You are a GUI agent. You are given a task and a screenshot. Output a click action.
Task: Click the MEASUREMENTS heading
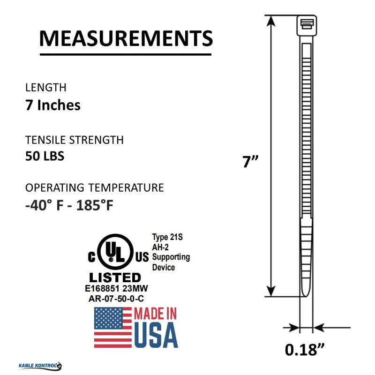click(x=126, y=38)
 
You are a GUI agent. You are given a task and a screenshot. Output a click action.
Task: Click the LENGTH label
click(x=45, y=88)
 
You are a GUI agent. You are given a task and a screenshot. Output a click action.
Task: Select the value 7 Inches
click(x=52, y=105)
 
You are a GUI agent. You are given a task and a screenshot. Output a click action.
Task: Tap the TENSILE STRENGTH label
click(x=74, y=140)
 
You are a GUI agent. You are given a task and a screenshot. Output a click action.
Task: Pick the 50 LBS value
click(x=45, y=156)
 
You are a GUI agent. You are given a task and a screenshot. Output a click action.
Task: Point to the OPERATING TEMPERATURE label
click(x=94, y=188)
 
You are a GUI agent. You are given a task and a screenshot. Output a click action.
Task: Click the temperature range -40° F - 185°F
click(x=69, y=206)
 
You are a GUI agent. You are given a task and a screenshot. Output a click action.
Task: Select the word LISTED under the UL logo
click(x=115, y=277)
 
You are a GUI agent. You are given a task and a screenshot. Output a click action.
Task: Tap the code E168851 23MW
click(x=119, y=289)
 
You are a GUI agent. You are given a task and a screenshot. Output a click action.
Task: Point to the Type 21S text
click(x=167, y=238)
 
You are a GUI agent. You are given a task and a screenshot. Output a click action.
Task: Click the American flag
click(x=113, y=327)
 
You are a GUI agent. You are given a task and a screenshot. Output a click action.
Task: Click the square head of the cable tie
click(x=307, y=25)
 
